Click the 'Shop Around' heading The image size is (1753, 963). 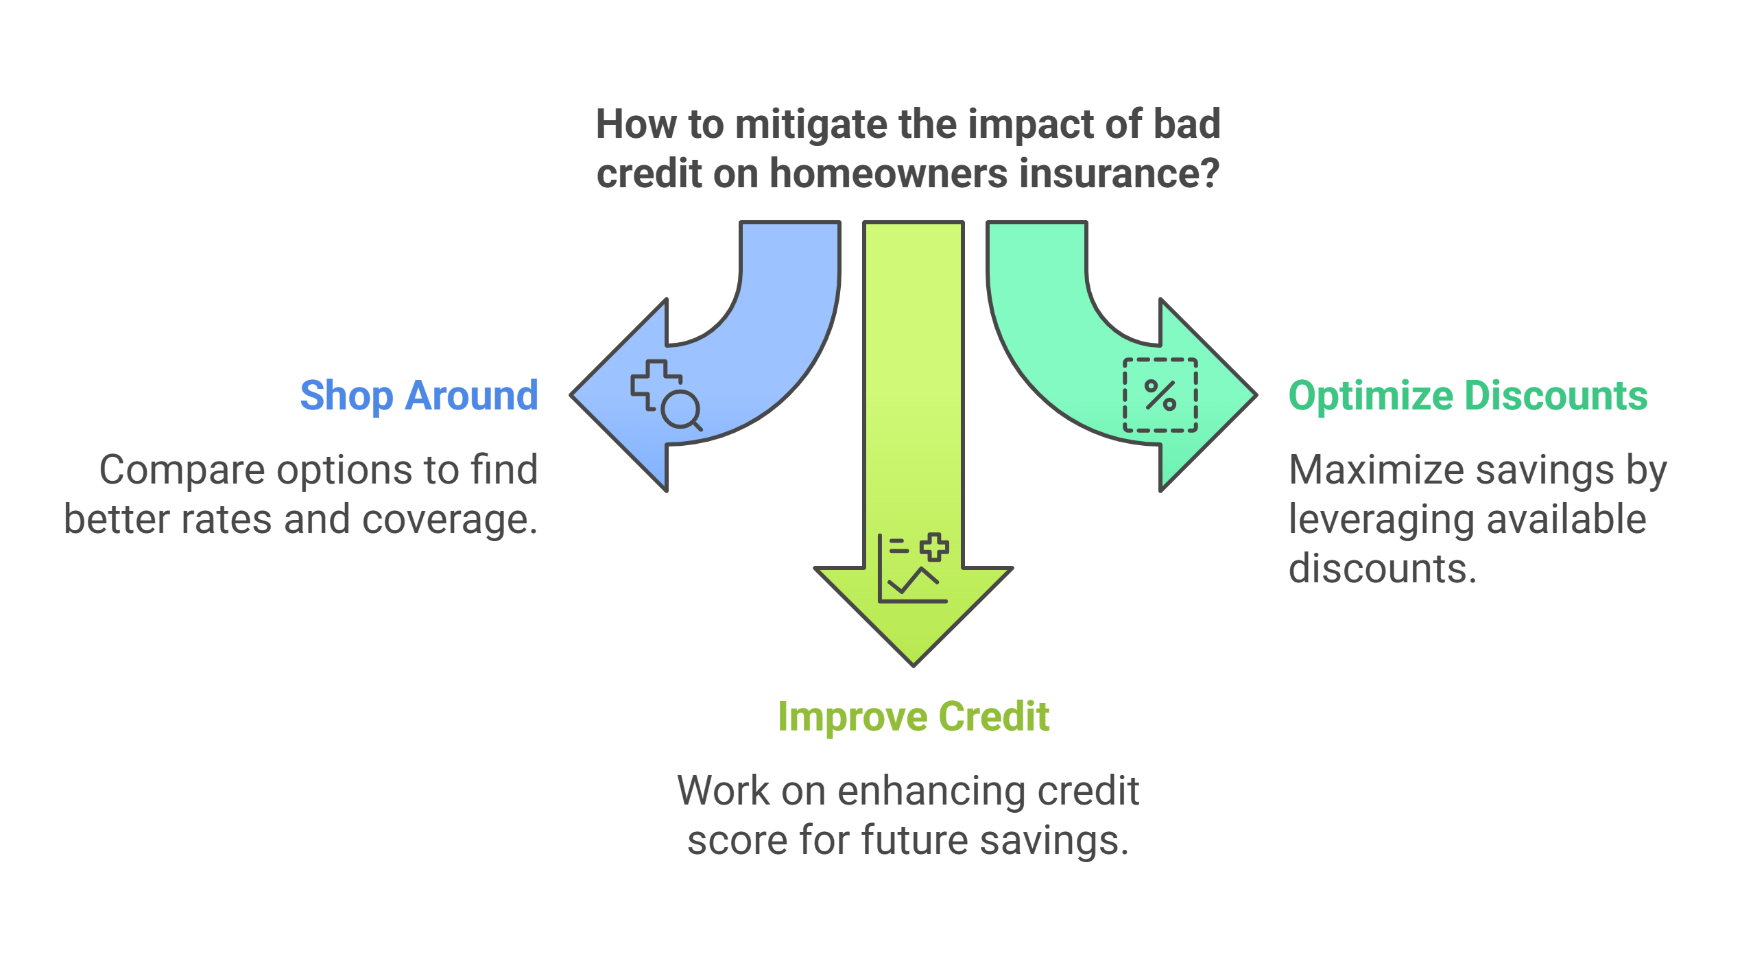[x=419, y=396]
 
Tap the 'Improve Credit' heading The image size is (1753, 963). [x=914, y=717]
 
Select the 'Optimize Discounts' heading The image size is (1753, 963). [x=1468, y=396]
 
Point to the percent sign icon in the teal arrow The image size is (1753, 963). [x=1160, y=395]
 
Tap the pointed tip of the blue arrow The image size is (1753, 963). [x=571, y=395]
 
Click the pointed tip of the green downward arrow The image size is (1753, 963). [x=914, y=665]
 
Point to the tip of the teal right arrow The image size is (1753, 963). [x=1256, y=395]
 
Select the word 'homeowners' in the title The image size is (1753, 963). [x=890, y=174]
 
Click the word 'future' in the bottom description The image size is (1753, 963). [x=914, y=840]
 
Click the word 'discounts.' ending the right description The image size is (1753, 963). [x=1383, y=569]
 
